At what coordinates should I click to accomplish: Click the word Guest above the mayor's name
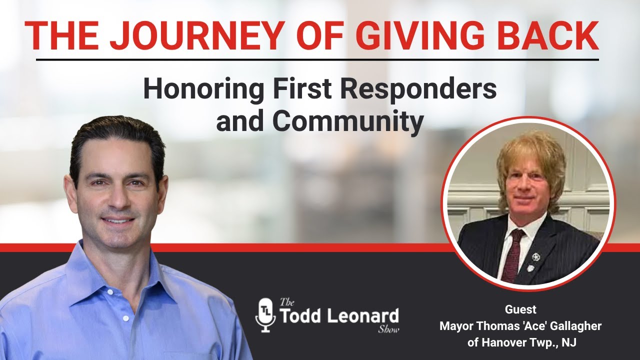point(520,309)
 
